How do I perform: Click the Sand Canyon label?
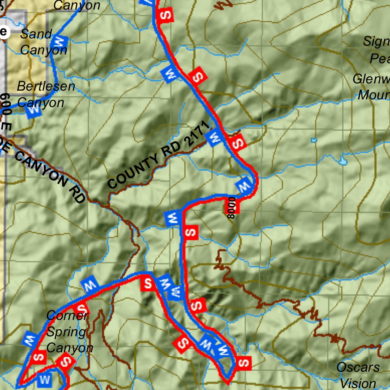(41, 42)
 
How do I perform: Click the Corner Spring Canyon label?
(69, 332)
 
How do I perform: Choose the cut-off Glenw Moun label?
(372, 87)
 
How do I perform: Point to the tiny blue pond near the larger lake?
(314, 140)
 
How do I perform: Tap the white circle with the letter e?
(3, 32)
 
